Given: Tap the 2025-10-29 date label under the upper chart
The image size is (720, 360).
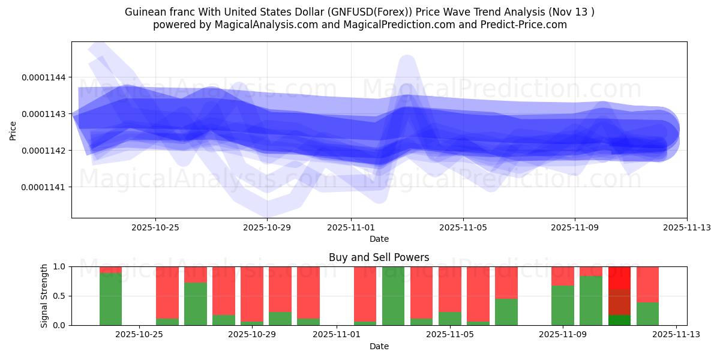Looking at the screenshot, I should point(267,228).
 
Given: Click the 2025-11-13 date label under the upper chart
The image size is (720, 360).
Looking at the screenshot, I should point(686,228).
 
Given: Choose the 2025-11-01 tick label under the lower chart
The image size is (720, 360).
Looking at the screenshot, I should point(337,335).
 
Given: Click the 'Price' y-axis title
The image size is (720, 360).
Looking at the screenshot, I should point(13,130).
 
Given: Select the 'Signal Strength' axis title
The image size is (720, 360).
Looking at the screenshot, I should point(44,296).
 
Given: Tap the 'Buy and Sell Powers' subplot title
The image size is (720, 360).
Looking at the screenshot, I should point(379,257).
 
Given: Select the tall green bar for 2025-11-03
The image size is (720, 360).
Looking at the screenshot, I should point(393,296).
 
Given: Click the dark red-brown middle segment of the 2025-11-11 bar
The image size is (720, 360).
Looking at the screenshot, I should point(619,302).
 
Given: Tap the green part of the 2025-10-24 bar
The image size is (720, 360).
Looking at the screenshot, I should point(110,299).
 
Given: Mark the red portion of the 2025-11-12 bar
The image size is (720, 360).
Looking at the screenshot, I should point(647,284).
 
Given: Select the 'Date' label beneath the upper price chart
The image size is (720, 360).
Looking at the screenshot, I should point(379,239).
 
